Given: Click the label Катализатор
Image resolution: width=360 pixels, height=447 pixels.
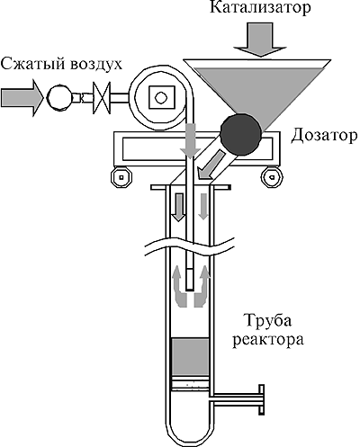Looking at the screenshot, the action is point(260,8).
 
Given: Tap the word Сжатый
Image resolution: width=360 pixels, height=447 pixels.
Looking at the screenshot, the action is point(32,64).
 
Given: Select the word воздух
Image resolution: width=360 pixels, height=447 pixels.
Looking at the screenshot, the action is point(95,65).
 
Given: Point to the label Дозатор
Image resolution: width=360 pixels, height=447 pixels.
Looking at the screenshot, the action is point(324,137).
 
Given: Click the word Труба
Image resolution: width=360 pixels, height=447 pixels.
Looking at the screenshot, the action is point(268,322).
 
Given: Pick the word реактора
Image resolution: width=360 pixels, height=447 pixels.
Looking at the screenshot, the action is point(268,341).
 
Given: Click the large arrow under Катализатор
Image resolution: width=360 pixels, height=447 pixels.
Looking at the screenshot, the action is point(260,40).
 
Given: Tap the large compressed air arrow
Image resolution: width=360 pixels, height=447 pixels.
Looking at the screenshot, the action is point(22,97).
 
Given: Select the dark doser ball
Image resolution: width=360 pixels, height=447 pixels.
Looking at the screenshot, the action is point(240,133).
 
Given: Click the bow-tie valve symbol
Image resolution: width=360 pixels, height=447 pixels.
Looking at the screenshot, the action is point(102,98).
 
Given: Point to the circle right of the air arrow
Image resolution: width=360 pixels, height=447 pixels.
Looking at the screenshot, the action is point(60,97).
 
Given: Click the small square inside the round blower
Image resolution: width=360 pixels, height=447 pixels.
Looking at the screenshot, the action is point(161,97).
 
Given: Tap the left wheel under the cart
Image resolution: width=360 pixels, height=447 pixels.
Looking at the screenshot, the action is point(121,177).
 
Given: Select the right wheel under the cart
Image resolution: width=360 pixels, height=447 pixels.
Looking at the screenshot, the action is point(273,177).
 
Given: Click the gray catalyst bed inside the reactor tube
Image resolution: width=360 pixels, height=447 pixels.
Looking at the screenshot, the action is point(190,357).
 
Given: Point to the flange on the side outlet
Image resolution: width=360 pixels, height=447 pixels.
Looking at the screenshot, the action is point(262,399).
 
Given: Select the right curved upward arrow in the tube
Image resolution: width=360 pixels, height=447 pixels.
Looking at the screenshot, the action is point(202,286).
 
